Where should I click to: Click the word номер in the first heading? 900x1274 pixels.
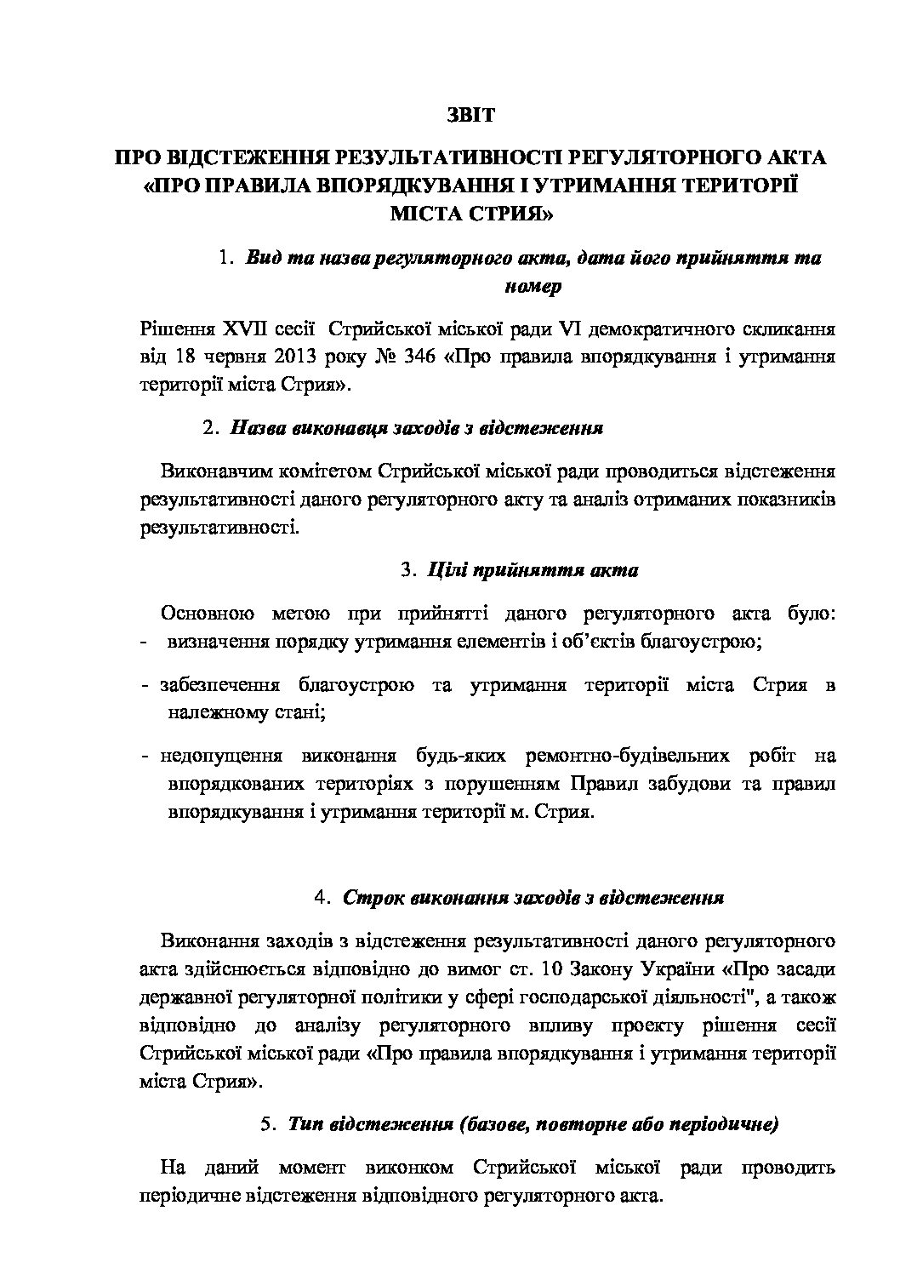pos(533,286)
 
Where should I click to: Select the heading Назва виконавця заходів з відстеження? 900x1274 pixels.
pos(417,428)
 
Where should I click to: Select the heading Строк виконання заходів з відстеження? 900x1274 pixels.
pos(533,898)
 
